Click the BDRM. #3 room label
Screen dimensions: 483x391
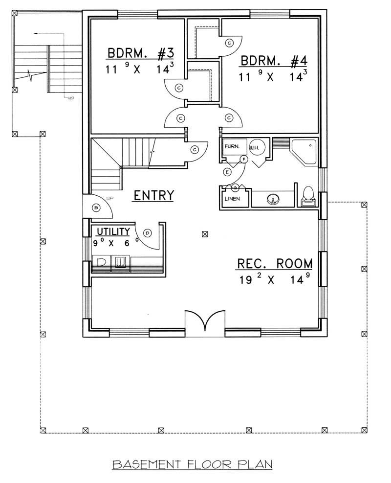pyautogui.click(x=139, y=52)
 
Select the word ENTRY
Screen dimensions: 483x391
pyautogui.click(x=153, y=196)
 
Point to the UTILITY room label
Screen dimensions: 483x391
pyautogui.click(x=113, y=231)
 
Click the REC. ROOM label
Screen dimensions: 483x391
pyautogui.click(x=275, y=264)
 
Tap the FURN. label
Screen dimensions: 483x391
pyautogui.click(x=231, y=146)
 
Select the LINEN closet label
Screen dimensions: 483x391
pyautogui.click(x=233, y=199)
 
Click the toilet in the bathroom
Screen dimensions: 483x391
pyautogui.click(x=308, y=196)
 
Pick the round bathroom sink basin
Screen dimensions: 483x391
pyautogui.click(x=273, y=199)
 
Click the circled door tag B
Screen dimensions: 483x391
pyautogui.click(x=96, y=207)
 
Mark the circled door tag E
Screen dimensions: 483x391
pyautogui.click(x=226, y=172)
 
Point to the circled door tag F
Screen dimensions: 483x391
pyautogui.click(x=243, y=160)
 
